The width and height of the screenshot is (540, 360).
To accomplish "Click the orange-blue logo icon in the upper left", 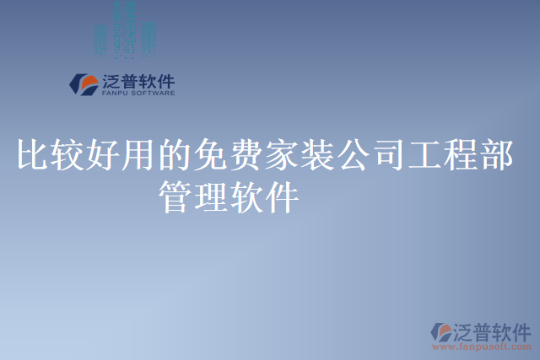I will (84, 84).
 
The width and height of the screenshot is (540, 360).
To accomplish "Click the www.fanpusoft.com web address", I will (481, 346).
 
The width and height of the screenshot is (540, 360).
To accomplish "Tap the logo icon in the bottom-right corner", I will (443, 330).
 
